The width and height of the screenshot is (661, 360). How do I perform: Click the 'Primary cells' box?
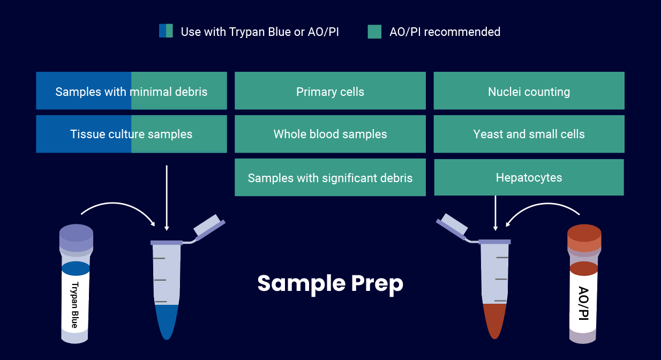(x=330, y=91)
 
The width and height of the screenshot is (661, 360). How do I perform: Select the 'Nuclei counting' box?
(x=529, y=91)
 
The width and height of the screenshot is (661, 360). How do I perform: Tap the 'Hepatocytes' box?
(x=529, y=177)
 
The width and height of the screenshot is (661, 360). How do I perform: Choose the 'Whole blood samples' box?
(x=330, y=134)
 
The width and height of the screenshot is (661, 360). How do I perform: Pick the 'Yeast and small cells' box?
(x=529, y=134)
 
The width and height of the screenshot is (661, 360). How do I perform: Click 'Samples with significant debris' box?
(x=330, y=177)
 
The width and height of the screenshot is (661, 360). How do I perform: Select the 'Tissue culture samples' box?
(x=131, y=134)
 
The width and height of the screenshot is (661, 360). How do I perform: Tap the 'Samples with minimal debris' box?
(x=131, y=91)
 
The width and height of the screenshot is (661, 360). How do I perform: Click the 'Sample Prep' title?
(x=330, y=283)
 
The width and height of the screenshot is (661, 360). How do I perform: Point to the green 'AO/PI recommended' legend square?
(x=374, y=32)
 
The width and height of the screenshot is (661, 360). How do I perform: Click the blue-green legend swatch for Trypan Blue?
(x=166, y=31)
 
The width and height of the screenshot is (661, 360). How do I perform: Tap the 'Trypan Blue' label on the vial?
(x=74, y=304)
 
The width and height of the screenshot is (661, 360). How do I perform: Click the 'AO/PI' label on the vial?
(x=583, y=303)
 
